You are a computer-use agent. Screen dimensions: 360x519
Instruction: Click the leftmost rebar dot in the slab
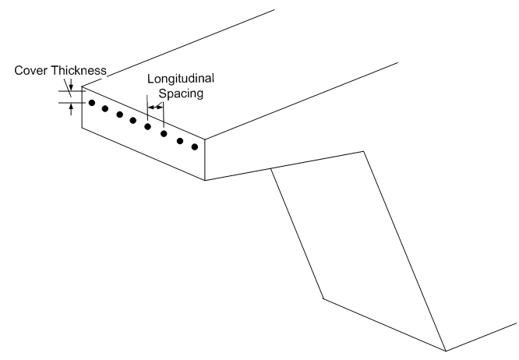click(91, 103)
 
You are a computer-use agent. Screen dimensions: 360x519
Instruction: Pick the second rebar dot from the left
click(105, 108)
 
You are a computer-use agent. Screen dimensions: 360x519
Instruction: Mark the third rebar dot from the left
click(119, 115)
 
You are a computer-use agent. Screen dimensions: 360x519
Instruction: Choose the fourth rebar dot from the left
click(133, 121)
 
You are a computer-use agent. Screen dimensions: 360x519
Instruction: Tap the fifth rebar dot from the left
click(147, 126)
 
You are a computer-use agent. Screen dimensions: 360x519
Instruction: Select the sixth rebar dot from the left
click(164, 133)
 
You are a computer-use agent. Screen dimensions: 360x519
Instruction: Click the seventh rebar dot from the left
click(180, 140)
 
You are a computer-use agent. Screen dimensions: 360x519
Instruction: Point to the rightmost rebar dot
click(195, 146)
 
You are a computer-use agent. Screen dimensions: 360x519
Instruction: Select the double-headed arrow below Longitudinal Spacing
click(156, 108)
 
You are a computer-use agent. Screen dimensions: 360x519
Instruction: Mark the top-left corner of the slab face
click(82, 86)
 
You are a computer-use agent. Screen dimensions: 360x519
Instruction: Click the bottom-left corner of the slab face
click(82, 125)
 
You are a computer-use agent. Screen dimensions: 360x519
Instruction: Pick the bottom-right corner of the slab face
click(205, 180)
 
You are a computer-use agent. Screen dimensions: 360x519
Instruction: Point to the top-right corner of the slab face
click(205, 141)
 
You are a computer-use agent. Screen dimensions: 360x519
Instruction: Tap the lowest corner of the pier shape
click(445, 350)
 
